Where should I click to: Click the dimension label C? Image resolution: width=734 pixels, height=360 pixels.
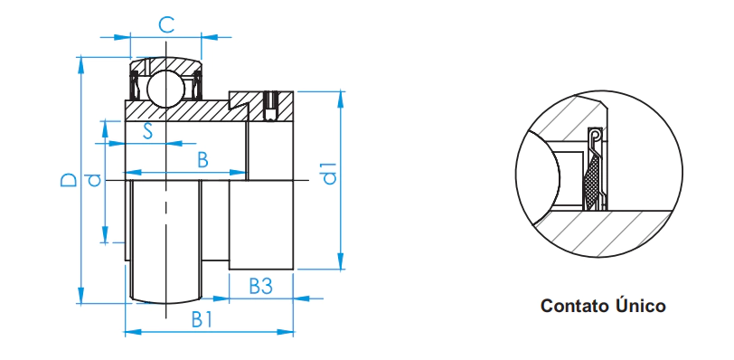(x=166, y=25)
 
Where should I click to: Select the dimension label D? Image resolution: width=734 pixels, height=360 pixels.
(x=69, y=180)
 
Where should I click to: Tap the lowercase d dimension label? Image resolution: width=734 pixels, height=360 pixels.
(x=95, y=180)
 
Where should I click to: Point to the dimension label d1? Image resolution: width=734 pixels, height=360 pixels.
(x=330, y=173)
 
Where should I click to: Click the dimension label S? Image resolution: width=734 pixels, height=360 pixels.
(x=148, y=131)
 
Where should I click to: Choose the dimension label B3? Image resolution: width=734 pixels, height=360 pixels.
(x=260, y=286)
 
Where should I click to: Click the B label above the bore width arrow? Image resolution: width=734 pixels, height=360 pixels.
(x=202, y=160)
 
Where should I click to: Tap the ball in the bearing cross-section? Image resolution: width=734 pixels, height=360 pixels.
(x=165, y=89)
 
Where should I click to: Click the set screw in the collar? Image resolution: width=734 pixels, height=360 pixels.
(x=270, y=105)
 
